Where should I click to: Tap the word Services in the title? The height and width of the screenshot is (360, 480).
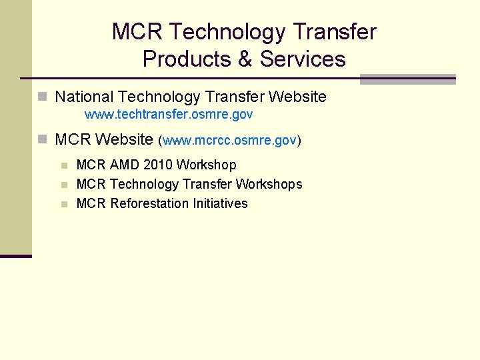(x=303, y=59)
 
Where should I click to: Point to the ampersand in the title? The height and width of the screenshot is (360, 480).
(x=245, y=59)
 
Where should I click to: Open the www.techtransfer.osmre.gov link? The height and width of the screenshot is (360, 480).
(x=169, y=115)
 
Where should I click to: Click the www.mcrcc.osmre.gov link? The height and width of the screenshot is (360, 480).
(x=229, y=141)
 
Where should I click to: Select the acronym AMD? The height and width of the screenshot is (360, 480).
(x=125, y=165)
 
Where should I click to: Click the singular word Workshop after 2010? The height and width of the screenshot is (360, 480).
(x=206, y=165)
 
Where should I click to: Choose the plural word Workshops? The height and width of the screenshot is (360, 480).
(x=269, y=184)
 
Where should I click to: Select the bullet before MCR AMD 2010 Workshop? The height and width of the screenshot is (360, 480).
(x=65, y=165)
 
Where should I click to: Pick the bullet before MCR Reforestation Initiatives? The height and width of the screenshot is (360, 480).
(x=65, y=204)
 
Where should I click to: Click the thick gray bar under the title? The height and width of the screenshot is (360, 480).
(x=407, y=79)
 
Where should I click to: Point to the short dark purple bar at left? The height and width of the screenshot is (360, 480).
(x=15, y=256)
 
